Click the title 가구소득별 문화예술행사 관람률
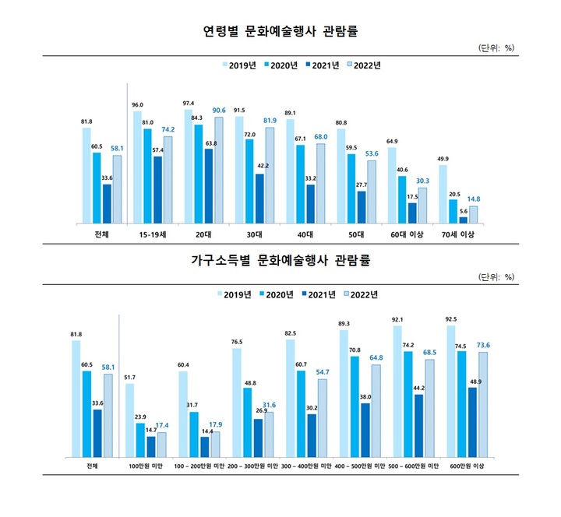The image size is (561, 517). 280,260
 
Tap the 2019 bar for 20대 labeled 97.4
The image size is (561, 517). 189,167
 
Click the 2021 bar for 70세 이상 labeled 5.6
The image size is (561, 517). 464,220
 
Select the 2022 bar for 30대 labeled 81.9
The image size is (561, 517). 270,175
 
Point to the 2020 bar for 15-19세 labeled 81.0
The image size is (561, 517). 148,176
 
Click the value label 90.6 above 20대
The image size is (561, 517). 219,110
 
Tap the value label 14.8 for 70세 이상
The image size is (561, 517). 473,199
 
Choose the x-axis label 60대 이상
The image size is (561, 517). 408,234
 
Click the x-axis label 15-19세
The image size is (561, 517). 153,234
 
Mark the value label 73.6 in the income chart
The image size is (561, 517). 482,345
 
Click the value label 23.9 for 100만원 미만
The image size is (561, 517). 140,417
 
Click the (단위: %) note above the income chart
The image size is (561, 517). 496,276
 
